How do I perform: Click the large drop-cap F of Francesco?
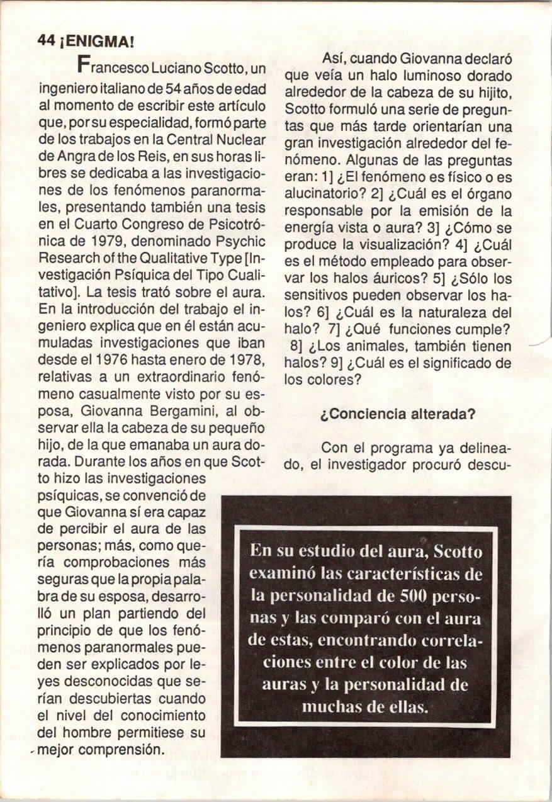pos(83,64)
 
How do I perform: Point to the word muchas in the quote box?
pos(330,706)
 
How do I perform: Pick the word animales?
pos(391,346)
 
